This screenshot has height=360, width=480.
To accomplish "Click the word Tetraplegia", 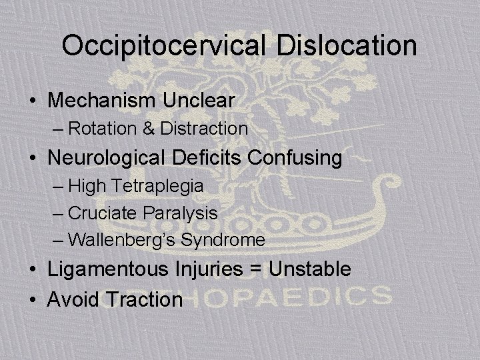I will coord(155,186).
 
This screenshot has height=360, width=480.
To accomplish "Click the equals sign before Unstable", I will coord(255,269).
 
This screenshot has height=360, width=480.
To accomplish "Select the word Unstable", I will coord(308,269).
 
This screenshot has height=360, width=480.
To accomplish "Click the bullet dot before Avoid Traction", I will coord(33,299).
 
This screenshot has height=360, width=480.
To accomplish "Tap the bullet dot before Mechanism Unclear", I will coord(33,101).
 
